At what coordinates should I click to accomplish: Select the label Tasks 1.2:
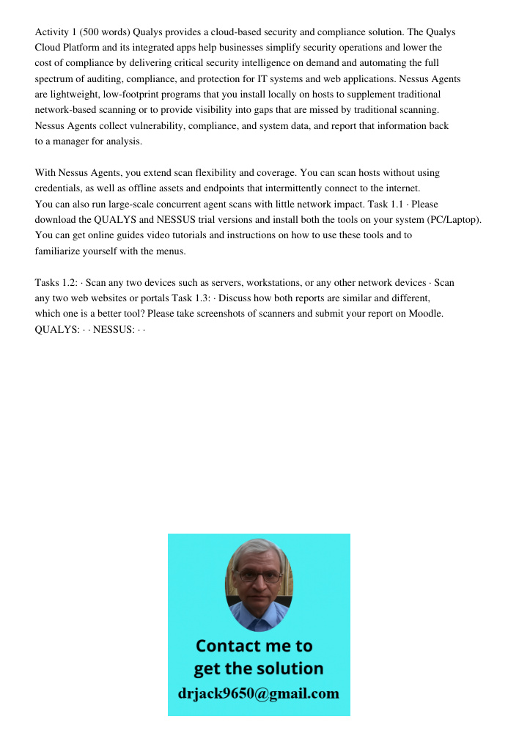pyautogui.click(x=55, y=283)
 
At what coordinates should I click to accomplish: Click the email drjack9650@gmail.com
pyautogui.click(x=258, y=693)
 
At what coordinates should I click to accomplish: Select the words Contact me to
pyautogui.click(x=254, y=646)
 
